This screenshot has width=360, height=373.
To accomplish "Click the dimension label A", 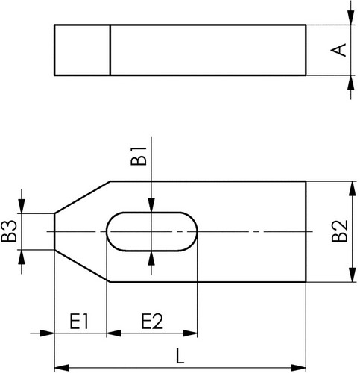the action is click(338, 50).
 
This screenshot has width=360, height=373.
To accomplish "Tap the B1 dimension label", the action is click(139, 156).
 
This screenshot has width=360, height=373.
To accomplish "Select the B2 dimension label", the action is click(340, 231).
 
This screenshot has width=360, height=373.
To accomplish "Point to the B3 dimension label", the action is click(9, 231).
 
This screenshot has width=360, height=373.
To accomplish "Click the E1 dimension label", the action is click(79, 322).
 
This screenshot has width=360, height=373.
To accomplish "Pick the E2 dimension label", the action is click(152, 322).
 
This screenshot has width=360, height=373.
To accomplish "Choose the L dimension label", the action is click(180, 356).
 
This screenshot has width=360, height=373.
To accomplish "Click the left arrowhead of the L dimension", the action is click(61, 367).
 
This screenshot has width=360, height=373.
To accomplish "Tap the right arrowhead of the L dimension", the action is click(299, 367).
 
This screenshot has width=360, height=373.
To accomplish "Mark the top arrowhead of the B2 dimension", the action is click(352, 189).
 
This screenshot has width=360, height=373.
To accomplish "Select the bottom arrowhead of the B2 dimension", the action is click(352, 275).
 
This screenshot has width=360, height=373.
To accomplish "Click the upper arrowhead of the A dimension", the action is click(350, 17).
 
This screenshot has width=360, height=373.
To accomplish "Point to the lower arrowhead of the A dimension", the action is click(350, 83).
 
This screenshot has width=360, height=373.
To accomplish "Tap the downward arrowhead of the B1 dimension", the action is click(151, 205).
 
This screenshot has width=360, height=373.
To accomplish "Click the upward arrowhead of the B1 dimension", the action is click(151, 258).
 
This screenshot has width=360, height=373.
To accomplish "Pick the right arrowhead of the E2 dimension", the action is click(190, 333).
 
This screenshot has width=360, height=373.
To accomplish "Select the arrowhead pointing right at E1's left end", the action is click(47, 333).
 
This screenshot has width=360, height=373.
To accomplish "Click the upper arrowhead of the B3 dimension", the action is click(22, 206).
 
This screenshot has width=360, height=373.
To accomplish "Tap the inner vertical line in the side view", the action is click(110, 50).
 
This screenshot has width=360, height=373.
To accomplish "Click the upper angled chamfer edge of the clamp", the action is click(82, 198).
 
